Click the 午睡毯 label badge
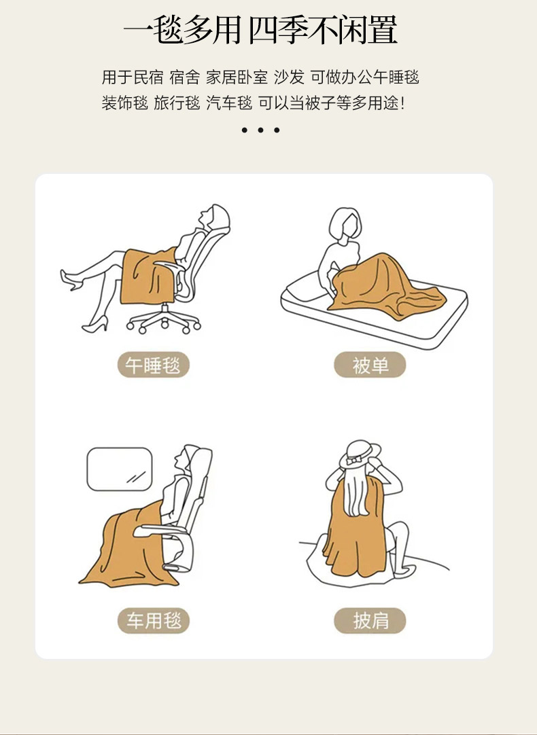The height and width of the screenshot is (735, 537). (154, 365)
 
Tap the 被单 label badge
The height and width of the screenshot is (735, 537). (370, 365)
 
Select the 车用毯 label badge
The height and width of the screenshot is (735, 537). (154, 621)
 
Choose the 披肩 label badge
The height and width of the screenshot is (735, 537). (370, 621)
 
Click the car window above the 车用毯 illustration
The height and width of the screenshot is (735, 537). (120, 469)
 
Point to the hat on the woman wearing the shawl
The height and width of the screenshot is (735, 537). (360, 454)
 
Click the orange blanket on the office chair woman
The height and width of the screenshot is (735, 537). (148, 276)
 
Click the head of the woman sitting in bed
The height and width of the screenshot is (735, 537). (345, 225)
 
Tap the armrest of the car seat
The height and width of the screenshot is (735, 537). (162, 530)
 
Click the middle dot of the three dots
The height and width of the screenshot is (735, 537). (260, 130)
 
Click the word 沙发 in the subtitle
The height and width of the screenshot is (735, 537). (289, 77)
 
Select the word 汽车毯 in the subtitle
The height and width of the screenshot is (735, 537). (229, 103)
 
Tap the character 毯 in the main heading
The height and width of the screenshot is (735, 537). (167, 31)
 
